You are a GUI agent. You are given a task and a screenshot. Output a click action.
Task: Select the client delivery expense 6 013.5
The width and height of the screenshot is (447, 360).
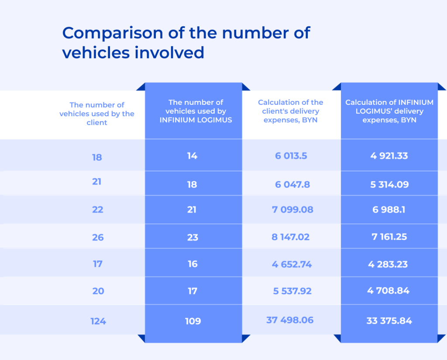click(x=291, y=156)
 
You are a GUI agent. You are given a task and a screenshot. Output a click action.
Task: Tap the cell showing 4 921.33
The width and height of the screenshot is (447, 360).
click(x=389, y=156)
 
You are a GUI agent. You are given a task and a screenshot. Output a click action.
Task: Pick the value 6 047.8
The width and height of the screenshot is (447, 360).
click(x=292, y=184)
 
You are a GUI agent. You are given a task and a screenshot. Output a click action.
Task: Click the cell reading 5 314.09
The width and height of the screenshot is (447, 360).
click(x=389, y=184)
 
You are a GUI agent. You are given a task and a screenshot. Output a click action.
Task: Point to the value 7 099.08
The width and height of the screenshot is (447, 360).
click(x=292, y=210)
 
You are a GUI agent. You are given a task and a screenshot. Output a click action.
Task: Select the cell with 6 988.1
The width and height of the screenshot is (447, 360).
click(x=389, y=210)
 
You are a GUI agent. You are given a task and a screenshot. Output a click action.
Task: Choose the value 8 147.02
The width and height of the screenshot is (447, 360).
click(x=291, y=237)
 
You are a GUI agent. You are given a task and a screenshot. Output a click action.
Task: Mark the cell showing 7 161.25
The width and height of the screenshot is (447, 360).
click(x=389, y=237)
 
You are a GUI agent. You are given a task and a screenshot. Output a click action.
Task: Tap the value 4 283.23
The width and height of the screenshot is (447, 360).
click(x=389, y=264)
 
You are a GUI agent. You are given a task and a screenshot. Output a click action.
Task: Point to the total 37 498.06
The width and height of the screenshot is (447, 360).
click(x=290, y=320)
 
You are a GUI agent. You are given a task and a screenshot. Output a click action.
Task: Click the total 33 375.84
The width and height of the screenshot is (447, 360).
click(x=389, y=321)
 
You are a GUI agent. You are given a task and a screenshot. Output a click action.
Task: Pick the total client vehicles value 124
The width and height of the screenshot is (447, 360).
click(x=98, y=321)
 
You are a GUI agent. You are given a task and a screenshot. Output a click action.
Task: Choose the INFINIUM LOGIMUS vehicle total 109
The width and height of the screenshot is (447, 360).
click(x=193, y=321)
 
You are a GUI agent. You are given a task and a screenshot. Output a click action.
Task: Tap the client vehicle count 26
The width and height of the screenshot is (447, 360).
click(x=98, y=237)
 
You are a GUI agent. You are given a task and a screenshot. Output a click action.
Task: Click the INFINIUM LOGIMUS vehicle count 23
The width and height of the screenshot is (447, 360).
click(x=193, y=237)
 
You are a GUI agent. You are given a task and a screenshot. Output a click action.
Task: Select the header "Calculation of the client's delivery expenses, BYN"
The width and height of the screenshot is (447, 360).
click(x=291, y=111)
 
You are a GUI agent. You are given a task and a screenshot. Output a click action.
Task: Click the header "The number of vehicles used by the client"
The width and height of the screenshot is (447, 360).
click(x=97, y=114)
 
